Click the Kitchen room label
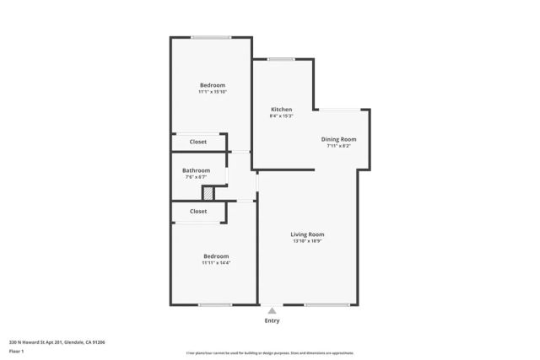[281, 110]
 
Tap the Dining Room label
[338, 139]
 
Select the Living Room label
[307, 234]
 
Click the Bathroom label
[197, 170]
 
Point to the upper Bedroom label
[213, 85]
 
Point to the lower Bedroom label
[216, 256]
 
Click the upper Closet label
[198, 142]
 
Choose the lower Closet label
[198, 212]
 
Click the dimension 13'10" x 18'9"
[307, 242]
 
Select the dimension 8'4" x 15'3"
[281, 116]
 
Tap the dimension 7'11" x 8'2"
[338, 146]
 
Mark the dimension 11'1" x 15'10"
[213, 92]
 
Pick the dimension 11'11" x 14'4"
[216, 263]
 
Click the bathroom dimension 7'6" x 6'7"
[197, 177]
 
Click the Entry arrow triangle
[272, 311]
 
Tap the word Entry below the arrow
[272, 320]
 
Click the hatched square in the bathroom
[208, 194]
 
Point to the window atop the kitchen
[282, 59]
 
